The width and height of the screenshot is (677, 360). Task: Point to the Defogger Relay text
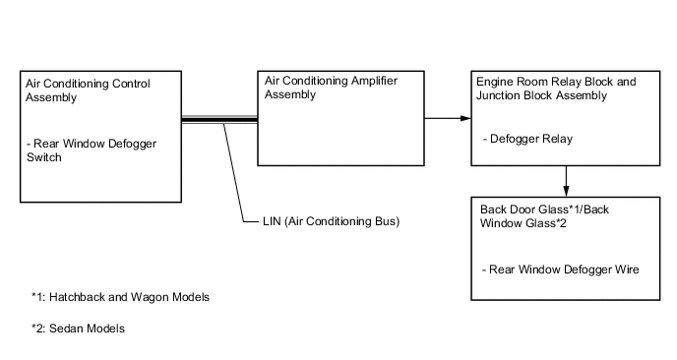click(528, 140)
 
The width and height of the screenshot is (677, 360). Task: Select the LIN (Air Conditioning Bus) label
click(322, 222)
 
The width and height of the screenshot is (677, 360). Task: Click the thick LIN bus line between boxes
click(219, 120)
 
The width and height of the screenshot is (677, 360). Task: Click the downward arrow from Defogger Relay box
click(568, 180)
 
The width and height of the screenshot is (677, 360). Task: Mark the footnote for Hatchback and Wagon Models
click(120, 297)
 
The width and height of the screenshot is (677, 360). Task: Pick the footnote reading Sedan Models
click(78, 329)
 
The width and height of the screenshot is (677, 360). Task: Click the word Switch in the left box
click(46, 157)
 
